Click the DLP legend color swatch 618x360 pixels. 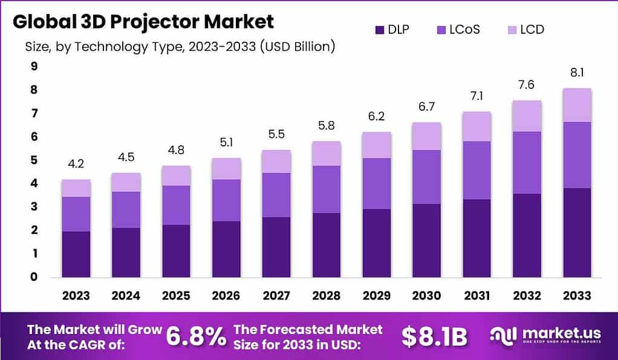point(380,29)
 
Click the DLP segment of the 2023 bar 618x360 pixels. point(76,254)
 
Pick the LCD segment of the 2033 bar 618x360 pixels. point(577,105)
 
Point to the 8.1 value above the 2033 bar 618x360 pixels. point(577,74)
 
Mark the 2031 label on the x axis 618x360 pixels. point(476,295)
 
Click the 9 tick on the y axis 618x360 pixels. point(34,67)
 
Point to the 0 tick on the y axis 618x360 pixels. point(34,277)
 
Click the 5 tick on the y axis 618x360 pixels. point(34,160)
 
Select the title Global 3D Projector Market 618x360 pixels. point(143,21)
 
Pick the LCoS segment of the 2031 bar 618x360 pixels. point(476,170)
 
